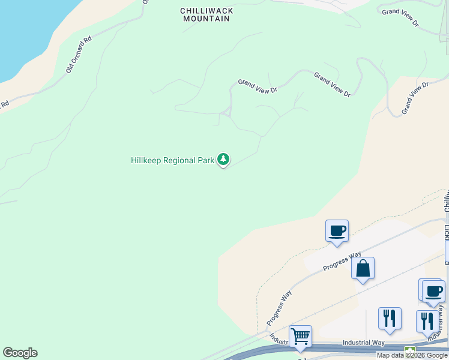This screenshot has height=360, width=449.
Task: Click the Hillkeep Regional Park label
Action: pyautogui.click(x=172, y=161)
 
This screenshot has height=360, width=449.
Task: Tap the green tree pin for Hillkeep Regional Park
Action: pyautogui.click(x=223, y=160)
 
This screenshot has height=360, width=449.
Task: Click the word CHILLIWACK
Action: pyautogui.click(x=207, y=11)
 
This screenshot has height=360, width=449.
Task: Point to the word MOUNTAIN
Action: pyautogui.click(x=207, y=19)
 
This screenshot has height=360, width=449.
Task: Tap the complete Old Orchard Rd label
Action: pyautogui.click(x=79, y=55)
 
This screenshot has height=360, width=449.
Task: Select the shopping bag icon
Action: pyautogui.click(x=363, y=269)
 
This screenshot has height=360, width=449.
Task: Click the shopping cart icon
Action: pyautogui.click(x=300, y=337)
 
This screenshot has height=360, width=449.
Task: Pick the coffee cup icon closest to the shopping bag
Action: pyautogui.click(x=337, y=231)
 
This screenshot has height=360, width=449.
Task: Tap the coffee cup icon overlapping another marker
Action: pyautogui.click(x=433, y=292)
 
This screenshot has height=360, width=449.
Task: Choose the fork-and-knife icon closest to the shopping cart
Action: pyautogui.click(x=390, y=319)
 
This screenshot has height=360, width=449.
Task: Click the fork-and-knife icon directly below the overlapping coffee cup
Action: pyautogui.click(x=427, y=321)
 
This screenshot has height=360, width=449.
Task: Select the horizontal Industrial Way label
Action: pyautogui.click(x=363, y=343)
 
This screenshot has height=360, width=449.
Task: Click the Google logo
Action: pyautogui.click(x=20, y=353)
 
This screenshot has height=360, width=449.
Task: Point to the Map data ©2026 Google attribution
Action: pyautogui.click(x=412, y=355)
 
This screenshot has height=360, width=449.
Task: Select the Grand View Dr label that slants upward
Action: pyautogui.click(x=415, y=98)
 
